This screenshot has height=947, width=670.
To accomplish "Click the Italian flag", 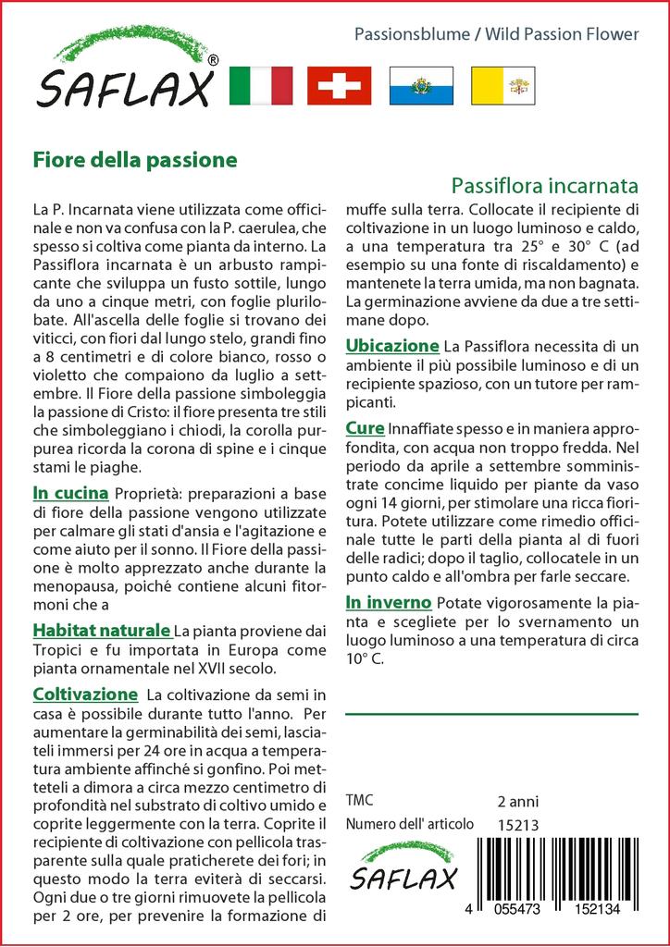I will pyautogui.click(x=260, y=86).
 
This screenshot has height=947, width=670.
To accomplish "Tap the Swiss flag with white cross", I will pyautogui.click(x=339, y=86).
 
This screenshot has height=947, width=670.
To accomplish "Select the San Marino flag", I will pyautogui.click(x=421, y=86).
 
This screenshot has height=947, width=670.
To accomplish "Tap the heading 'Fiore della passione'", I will pyautogui.click(x=135, y=159).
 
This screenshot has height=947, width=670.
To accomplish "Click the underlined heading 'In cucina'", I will pyautogui.click(x=70, y=492).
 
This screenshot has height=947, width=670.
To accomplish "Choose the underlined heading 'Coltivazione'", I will pyautogui.click(x=85, y=694).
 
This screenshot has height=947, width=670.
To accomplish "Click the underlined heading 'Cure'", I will pyautogui.click(x=365, y=428).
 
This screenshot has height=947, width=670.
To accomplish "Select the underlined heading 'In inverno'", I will pyautogui.click(x=388, y=603).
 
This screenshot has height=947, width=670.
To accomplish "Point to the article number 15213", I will pyautogui.click(x=517, y=825).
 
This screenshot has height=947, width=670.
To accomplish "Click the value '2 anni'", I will pyautogui.click(x=517, y=801).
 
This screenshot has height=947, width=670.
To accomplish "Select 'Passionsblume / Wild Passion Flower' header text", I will pyautogui.click(x=497, y=34).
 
